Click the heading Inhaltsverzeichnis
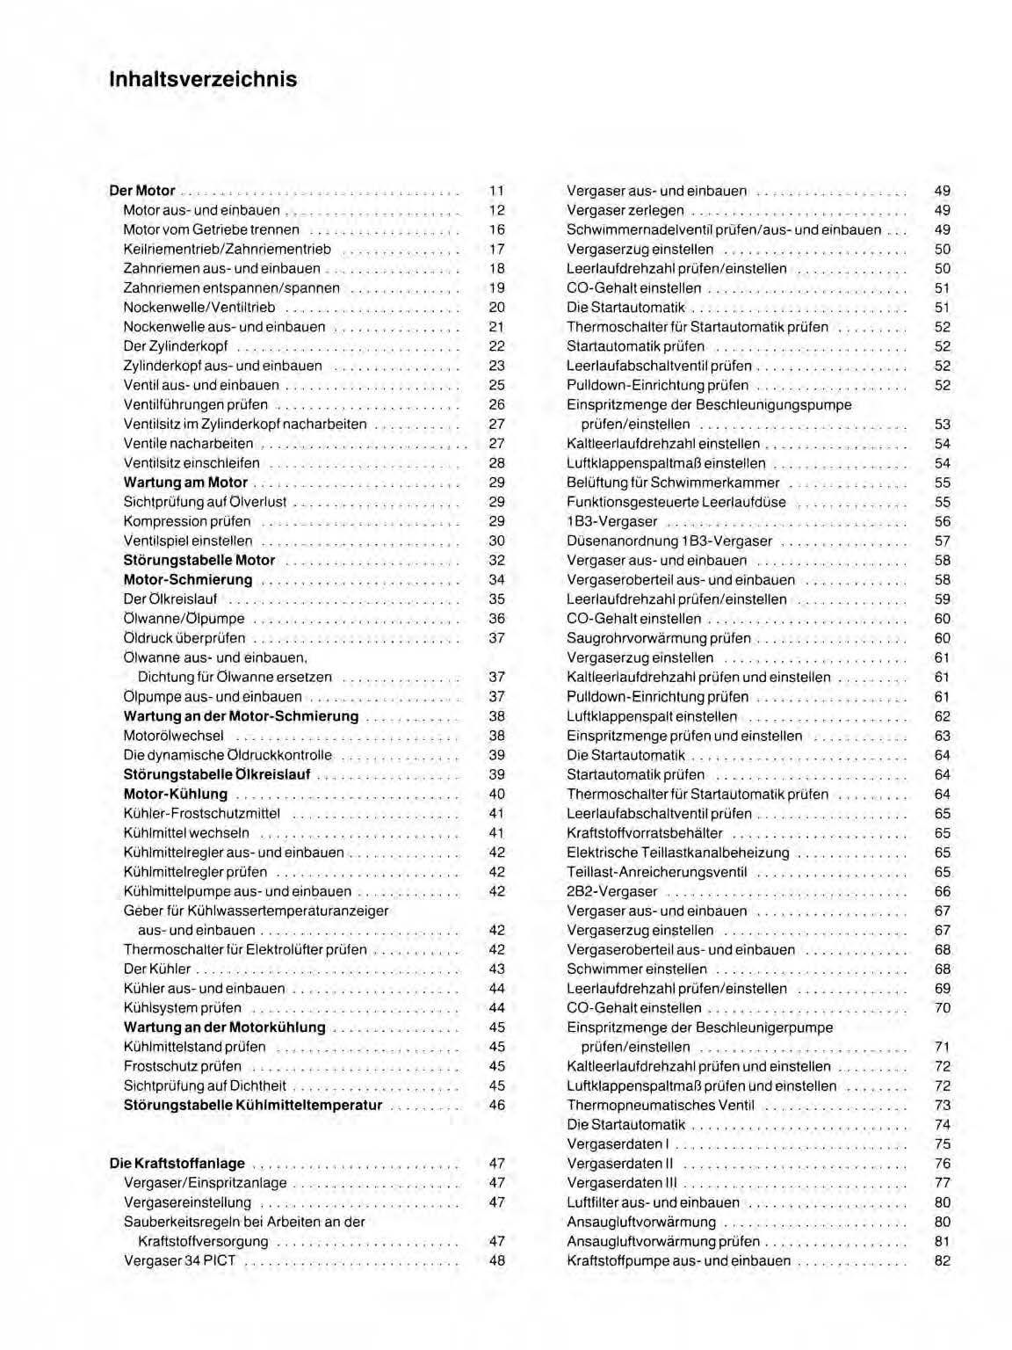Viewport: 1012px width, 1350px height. (x=203, y=79)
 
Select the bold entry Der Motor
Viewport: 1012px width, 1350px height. (x=142, y=191)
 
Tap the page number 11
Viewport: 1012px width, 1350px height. (x=496, y=191)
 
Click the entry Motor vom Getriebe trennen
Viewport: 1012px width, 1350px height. (x=211, y=229)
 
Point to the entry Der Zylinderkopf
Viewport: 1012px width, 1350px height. (x=176, y=346)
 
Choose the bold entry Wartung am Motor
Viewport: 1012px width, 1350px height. (x=185, y=483)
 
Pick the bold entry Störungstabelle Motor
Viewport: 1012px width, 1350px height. (x=199, y=560)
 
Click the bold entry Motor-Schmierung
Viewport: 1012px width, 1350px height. (x=188, y=580)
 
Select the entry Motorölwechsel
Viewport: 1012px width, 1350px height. (x=174, y=736)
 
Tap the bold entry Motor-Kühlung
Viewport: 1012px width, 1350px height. (x=176, y=794)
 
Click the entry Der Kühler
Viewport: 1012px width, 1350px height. (x=157, y=969)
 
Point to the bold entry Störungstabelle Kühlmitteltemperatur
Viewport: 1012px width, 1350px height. (x=253, y=1105)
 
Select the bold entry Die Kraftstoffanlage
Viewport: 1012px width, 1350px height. (x=177, y=1164)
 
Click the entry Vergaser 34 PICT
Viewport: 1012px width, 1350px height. (x=180, y=1260)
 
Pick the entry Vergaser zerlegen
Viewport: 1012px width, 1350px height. (x=625, y=210)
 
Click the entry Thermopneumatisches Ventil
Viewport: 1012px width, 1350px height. (x=661, y=1105)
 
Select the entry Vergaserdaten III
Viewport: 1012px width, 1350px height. (x=622, y=1183)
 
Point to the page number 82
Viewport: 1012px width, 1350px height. (x=942, y=1260)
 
